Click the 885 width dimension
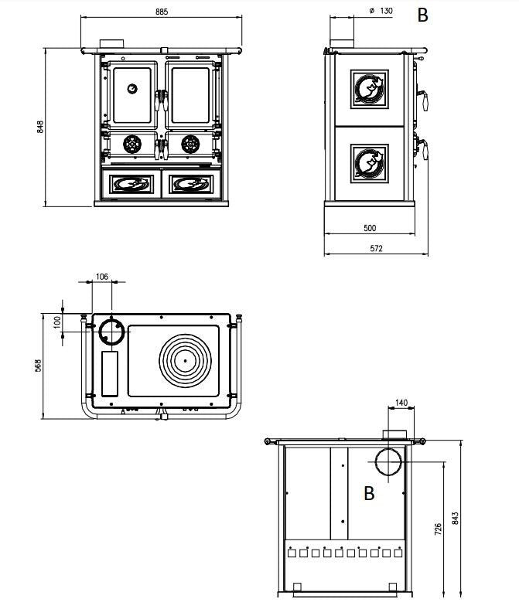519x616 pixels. pos(161,12)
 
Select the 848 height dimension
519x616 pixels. pos(39,127)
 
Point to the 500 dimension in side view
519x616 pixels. pos(369,228)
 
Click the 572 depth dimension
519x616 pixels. pos(376,249)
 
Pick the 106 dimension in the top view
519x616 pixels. pos(102,276)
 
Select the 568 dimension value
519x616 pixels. pos(39,365)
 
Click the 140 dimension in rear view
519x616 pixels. pos(401,403)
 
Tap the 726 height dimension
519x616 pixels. pos(438,529)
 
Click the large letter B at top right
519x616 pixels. pos(422,15)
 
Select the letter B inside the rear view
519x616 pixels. pos(369,493)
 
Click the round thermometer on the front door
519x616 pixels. pos(133,88)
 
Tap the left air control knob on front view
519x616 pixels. pos(132,143)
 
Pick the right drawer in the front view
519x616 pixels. pos(191,183)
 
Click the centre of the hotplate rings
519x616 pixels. pos(186,360)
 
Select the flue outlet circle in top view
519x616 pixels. pos(111,333)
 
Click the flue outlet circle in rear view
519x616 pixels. pos(389,462)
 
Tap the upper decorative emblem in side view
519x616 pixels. pos(370,89)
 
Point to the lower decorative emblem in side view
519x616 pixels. pos(370,162)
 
